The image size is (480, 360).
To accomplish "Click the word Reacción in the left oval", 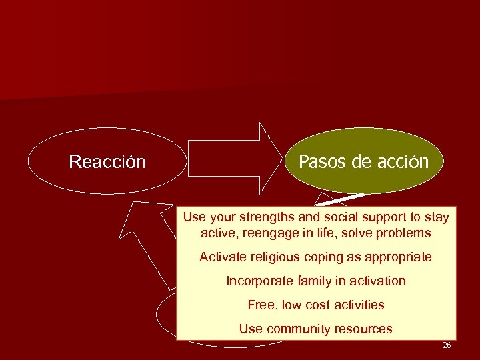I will (x=107, y=162).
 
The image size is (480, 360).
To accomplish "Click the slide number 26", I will (x=446, y=345).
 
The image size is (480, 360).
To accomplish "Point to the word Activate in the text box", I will (x=223, y=257).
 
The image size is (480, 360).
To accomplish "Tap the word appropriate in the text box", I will (x=398, y=257).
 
